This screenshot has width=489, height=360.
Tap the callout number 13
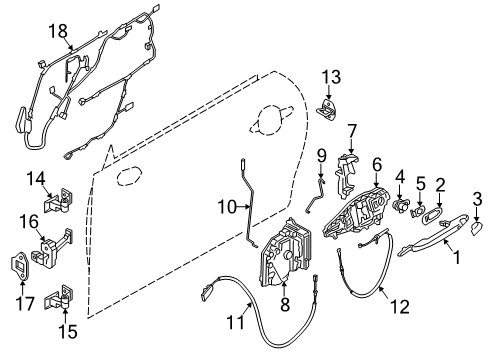tap(331, 77)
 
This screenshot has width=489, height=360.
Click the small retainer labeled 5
tap(423, 212)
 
